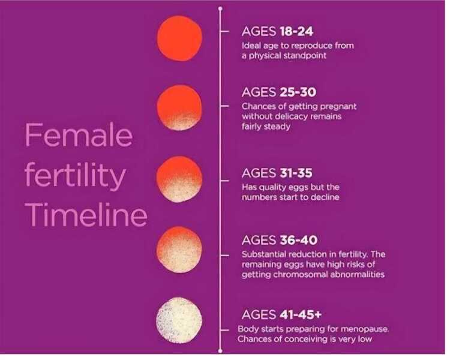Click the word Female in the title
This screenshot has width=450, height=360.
point(79,135)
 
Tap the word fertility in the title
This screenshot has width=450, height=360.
point(75,175)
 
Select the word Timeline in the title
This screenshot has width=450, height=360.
point(86,214)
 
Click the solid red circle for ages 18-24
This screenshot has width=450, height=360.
point(179,38)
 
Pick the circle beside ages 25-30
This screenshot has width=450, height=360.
point(179,107)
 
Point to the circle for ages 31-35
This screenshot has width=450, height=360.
point(179,179)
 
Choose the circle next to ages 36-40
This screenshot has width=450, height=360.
point(179,250)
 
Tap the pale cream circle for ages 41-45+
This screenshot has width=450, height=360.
point(179,320)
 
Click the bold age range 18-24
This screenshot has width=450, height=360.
point(296,31)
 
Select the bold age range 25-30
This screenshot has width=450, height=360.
point(298,92)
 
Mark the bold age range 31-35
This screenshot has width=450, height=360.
point(296,173)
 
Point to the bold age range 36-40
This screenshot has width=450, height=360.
point(298,240)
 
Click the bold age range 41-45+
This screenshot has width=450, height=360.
point(301,314)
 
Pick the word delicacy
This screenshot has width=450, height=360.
point(291,116)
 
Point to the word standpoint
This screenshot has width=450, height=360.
point(305,56)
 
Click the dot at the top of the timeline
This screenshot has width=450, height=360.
point(220,9)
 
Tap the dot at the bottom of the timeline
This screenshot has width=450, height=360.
point(220,351)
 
